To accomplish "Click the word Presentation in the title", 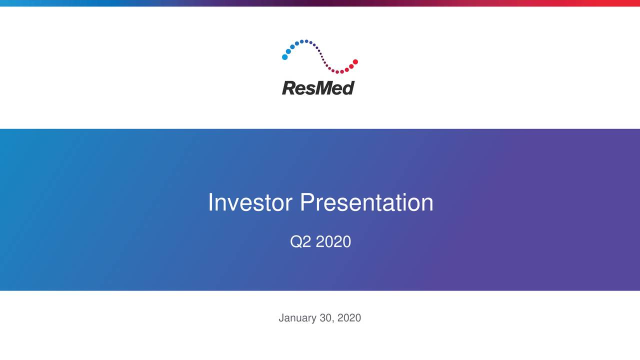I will (366, 202).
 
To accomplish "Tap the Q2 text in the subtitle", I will (300, 242).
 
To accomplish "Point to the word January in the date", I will (297, 318).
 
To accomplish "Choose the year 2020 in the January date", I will (349, 318).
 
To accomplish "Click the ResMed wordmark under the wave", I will (318, 88).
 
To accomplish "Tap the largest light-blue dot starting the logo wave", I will (285, 57).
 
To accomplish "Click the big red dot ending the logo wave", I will (355, 62).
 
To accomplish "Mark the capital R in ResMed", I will (288, 88).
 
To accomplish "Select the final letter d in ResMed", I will (349, 88).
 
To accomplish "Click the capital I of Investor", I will (210, 202).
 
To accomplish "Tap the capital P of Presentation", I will (307, 202).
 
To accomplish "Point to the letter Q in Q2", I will (296, 242).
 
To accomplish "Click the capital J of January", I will (281, 318).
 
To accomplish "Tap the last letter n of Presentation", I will (427, 203).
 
